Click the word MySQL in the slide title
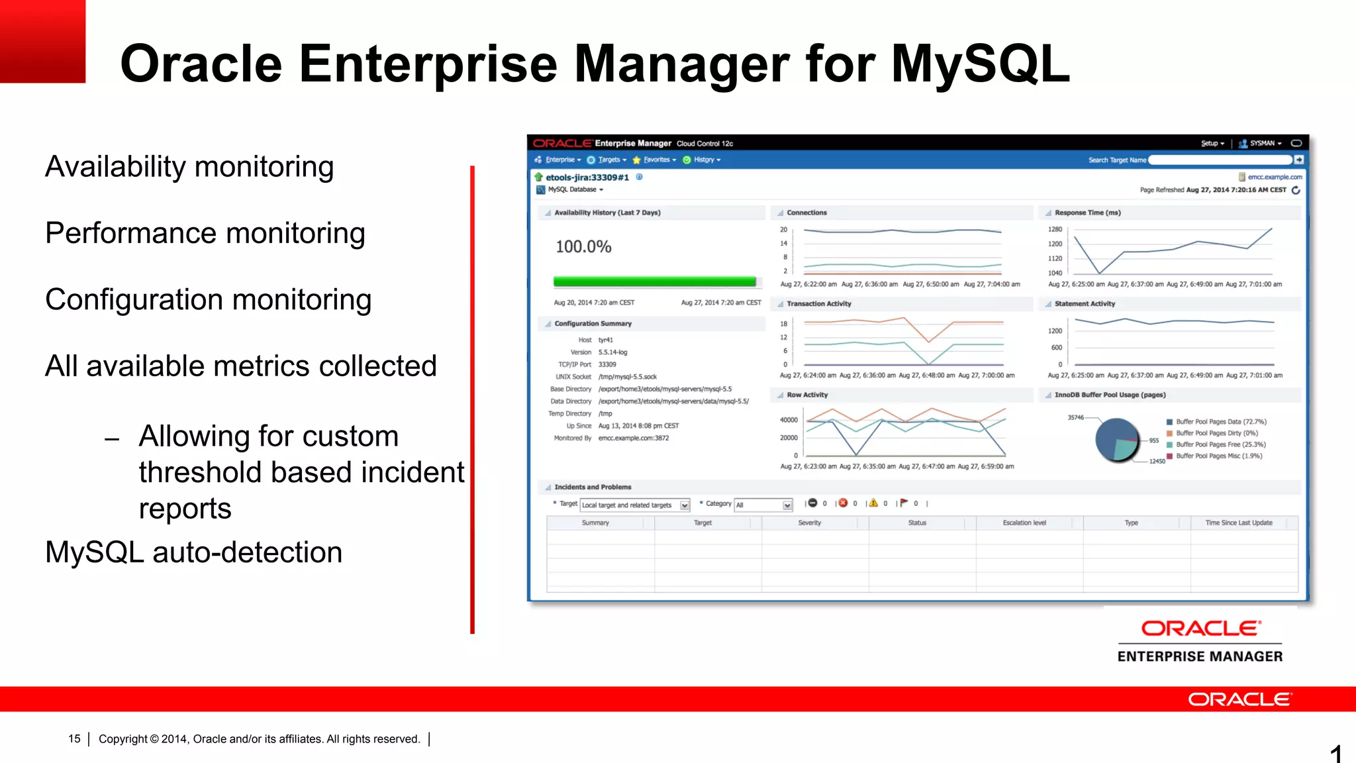[x=980, y=64]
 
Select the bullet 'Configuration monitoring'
[x=208, y=299]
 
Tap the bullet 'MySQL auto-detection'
[x=193, y=552]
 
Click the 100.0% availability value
[x=583, y=247]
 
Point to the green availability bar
[x=654, y=281]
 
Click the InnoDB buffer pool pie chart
[x=1117, y=440]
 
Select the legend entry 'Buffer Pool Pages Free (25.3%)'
[x=1220, y=444]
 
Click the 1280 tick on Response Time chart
[x=1055, y=229]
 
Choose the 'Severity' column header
[x=809, y=523]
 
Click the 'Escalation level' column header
[x=1024, y=523]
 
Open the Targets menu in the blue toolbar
[x=608, y=160]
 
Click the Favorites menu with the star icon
[x=656, y=160]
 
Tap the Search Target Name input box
[x=1220, y=160]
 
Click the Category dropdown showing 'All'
[x=763, y=505]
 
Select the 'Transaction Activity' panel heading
[x=819, y=304]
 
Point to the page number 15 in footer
[x=74, y=738]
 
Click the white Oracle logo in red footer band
[x=1239, y=699]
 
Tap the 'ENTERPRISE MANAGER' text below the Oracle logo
[x=1200, y=656]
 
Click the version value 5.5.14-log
[x=612, y=352]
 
